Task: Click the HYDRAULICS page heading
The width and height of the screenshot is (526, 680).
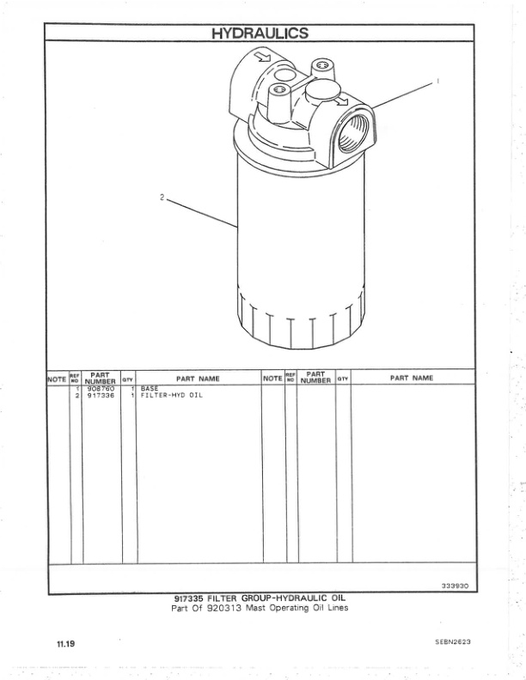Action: [x=260, y=33]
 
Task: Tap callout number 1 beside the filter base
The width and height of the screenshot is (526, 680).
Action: [x=437, y=82]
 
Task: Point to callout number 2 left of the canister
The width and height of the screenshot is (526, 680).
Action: [x=161, y=197]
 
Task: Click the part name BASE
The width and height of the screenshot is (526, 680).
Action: [x=150, y=389]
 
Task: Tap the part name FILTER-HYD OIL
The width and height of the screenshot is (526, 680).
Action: [x=171, y=396]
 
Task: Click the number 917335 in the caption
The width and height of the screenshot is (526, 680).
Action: [x=191, y=598]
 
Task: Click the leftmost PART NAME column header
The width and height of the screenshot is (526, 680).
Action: [x=198, y=378]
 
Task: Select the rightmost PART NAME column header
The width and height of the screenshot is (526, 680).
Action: [x=412, y=378]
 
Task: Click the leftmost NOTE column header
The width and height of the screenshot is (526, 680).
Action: [x=57, y=378]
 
